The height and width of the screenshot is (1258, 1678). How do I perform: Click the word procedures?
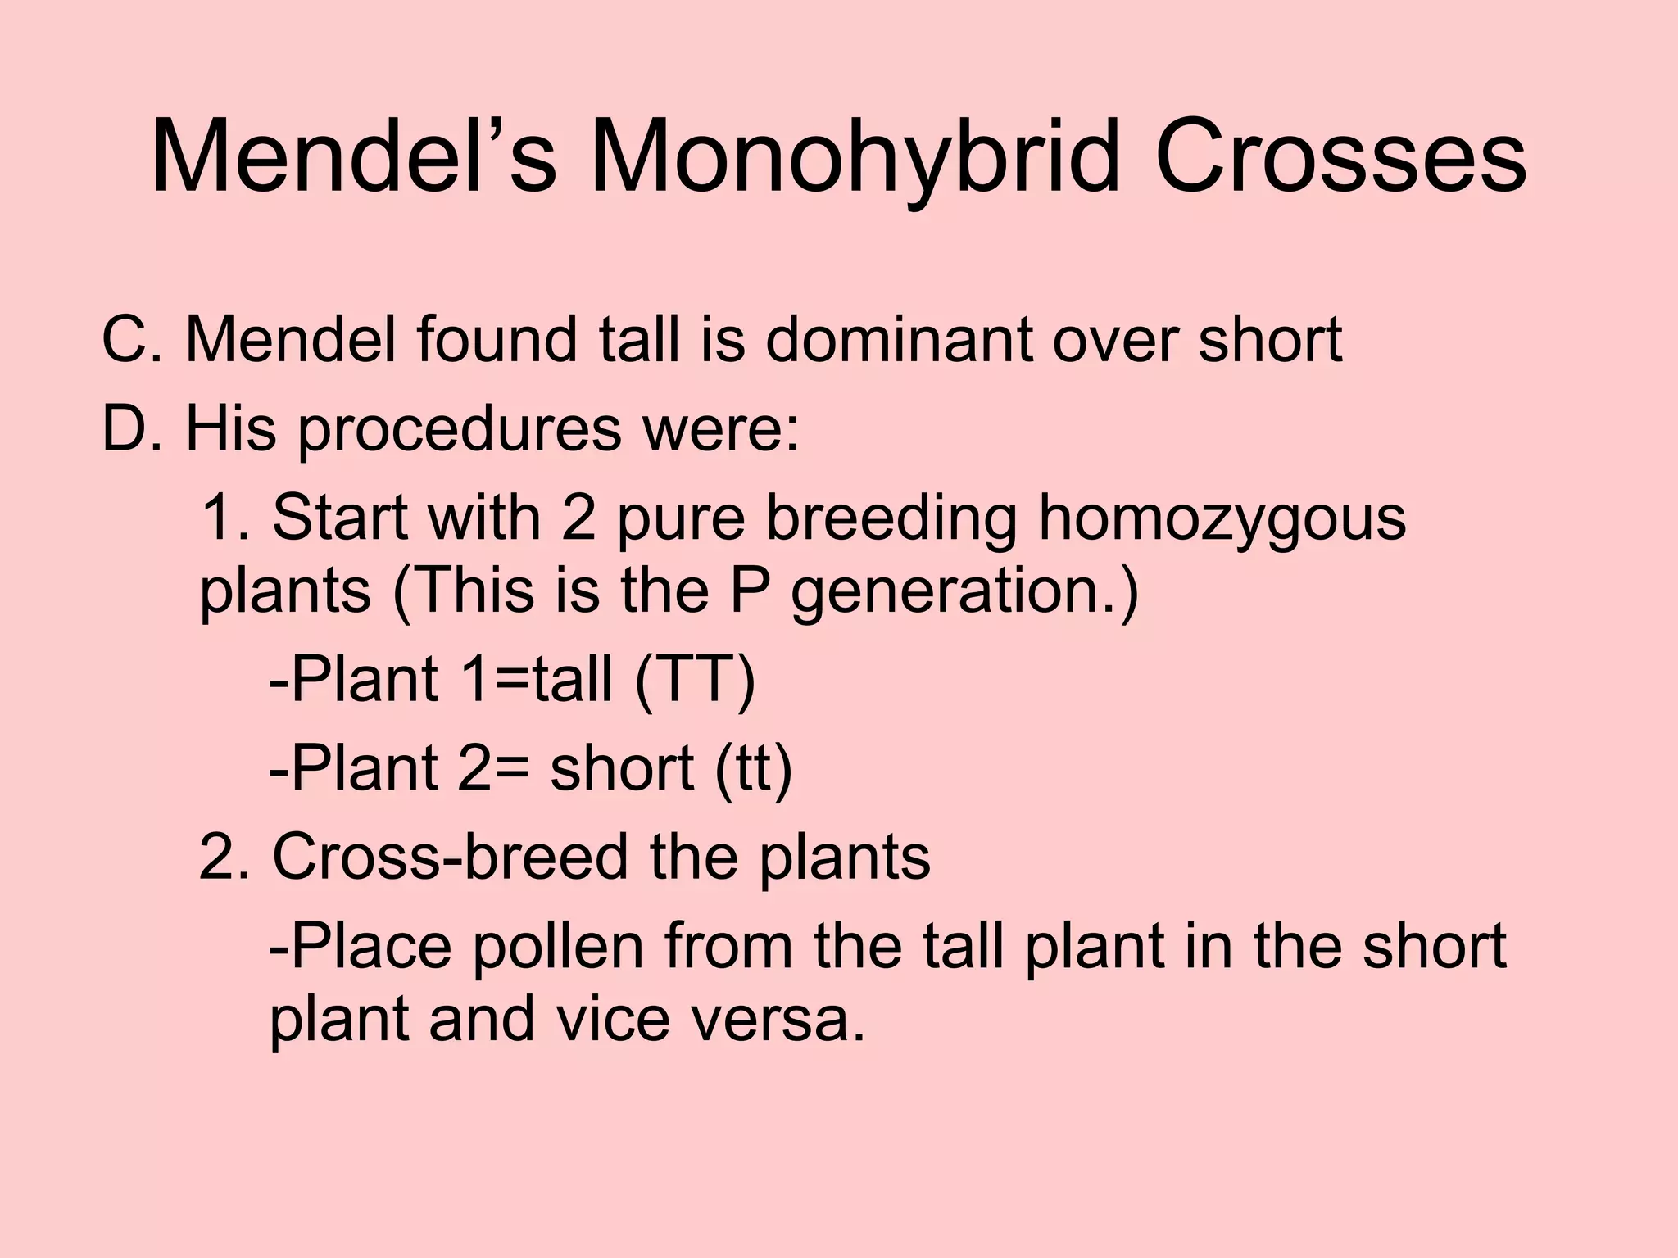point(459,430)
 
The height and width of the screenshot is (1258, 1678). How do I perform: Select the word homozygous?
point(1222,519)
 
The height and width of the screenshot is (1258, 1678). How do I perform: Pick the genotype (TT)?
point(695,680)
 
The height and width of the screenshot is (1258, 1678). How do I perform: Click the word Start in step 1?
point(336,518)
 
